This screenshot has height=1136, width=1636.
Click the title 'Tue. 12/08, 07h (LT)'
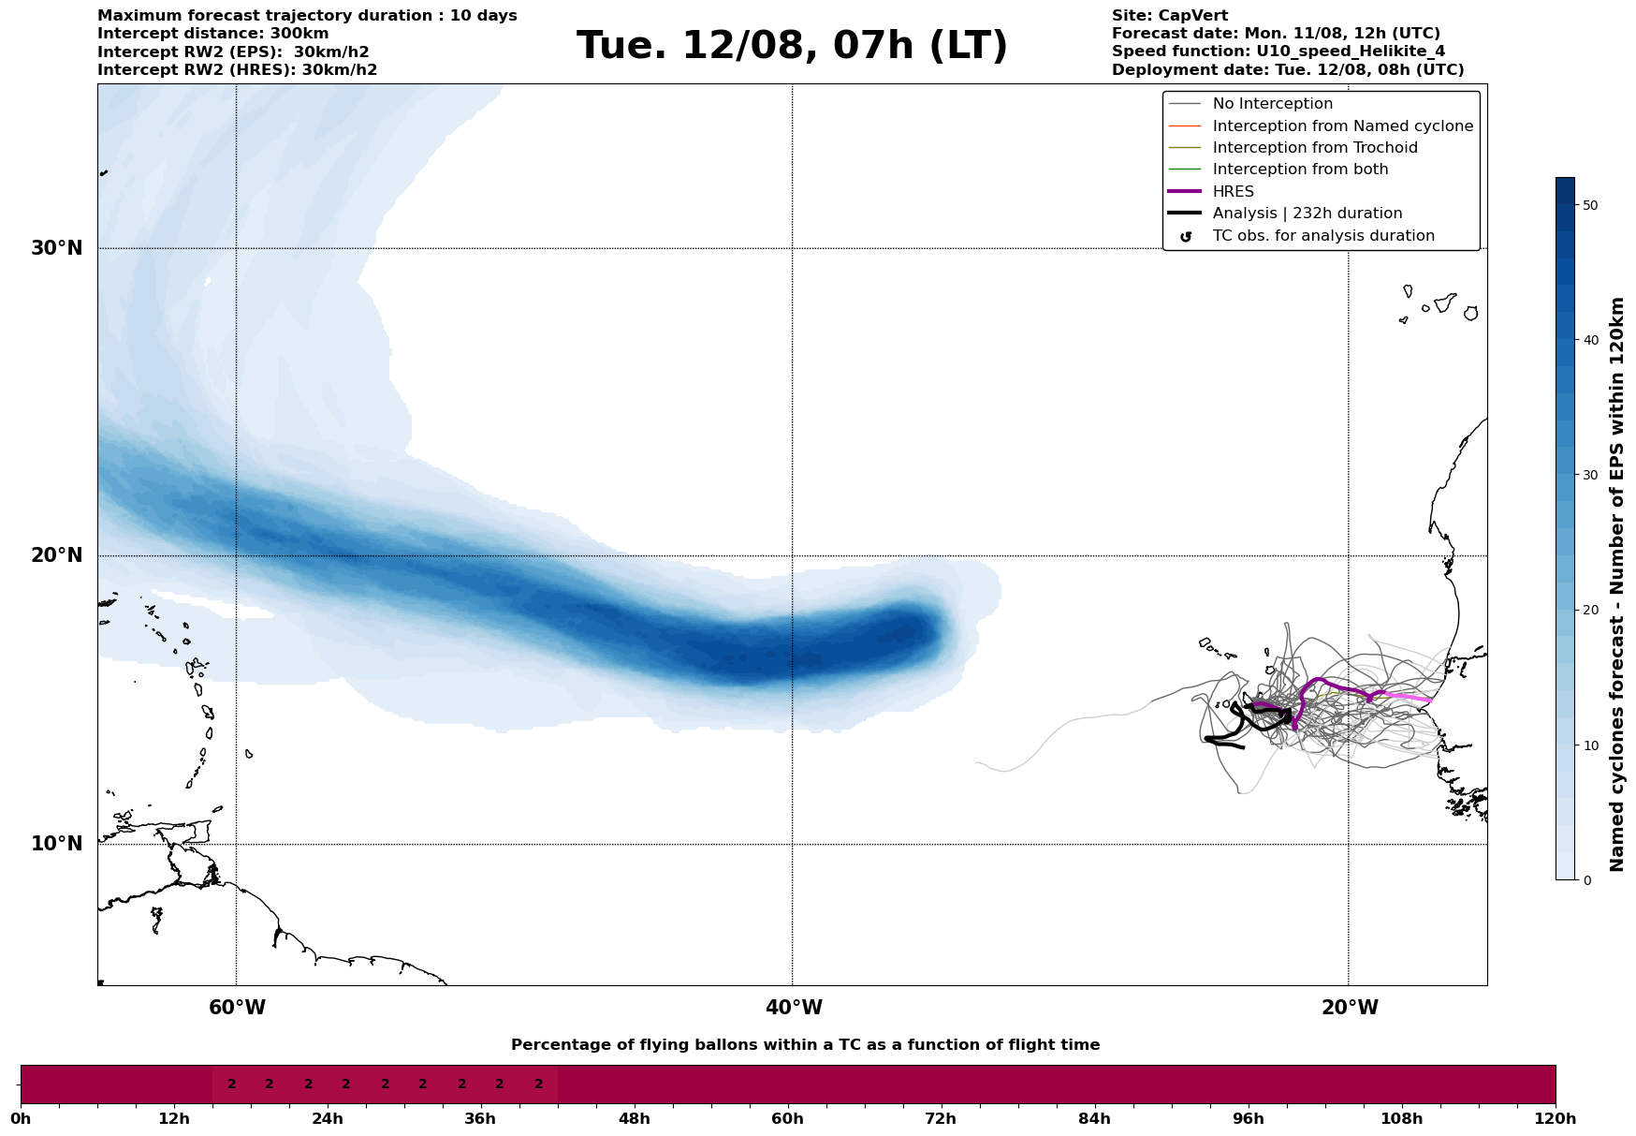click(792, 46)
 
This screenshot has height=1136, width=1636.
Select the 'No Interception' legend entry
click(1272, 104)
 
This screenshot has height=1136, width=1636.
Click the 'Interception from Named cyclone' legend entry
click(1342, 126)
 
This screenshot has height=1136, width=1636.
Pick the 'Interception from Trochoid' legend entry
click(1314, 148)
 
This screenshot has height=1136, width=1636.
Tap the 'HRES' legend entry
click(1233, 192)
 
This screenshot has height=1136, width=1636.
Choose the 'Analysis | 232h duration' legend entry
click(1307, 214)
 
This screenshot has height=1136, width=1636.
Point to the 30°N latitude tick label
click(57, 248)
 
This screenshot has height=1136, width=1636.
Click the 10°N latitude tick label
click(57, 844)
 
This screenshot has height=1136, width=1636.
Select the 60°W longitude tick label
click(237, 1008)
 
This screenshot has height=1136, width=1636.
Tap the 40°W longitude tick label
click(794, 1008)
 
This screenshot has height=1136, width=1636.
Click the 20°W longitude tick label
click(1350, 1008)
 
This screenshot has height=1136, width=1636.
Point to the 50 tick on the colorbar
click(1589, 205)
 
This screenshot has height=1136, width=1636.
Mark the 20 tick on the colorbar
click(1589, 611)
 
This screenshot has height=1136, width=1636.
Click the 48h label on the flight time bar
click(634, 1119)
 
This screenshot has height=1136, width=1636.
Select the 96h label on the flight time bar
click(1248, 1119)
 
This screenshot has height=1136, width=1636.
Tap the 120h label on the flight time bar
click(1556, 1119)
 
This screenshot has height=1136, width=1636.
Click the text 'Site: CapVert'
click(1170, 16)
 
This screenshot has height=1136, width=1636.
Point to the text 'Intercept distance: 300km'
click(213, 34)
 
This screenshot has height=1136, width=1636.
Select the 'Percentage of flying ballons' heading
click(805, 1045)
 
